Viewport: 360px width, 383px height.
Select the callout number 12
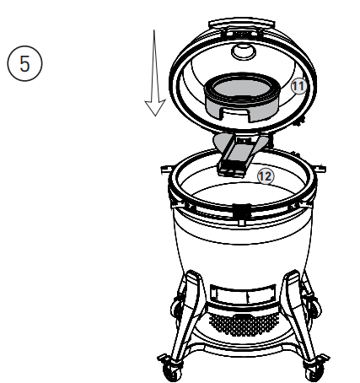tap(263, 175)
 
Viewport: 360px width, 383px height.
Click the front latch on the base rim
tap(239, 208)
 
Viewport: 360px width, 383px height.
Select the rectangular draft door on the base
tap(239, 294)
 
